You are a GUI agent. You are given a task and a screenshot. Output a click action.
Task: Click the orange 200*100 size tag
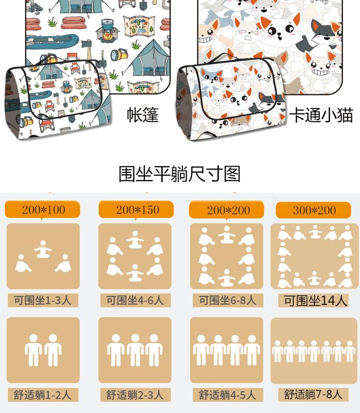click(x=43, y=210)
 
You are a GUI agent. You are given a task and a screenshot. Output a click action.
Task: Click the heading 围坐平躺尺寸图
click(x=180, y=174)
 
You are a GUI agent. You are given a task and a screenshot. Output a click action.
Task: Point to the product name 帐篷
click(x=143, y=116)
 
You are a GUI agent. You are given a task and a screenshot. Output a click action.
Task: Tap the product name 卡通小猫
click(x=321, y=116)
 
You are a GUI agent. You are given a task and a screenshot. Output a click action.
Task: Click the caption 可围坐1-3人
click(x=43, y=301)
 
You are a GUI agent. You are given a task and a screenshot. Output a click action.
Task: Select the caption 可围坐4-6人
click(x=135, y=301)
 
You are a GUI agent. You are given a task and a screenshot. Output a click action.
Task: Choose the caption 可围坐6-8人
click(x=227, y=301)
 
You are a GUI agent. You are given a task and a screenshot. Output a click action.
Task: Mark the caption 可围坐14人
click(x=315, y=301)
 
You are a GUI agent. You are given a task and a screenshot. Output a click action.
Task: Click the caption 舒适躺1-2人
click(x=43, y=395)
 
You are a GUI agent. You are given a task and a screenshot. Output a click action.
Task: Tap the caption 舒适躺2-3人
click(x=135, y=395)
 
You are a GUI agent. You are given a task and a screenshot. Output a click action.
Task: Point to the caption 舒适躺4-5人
click(x=227, y=395)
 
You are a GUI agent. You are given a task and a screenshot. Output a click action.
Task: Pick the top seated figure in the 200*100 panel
click(x=43, y=249)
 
